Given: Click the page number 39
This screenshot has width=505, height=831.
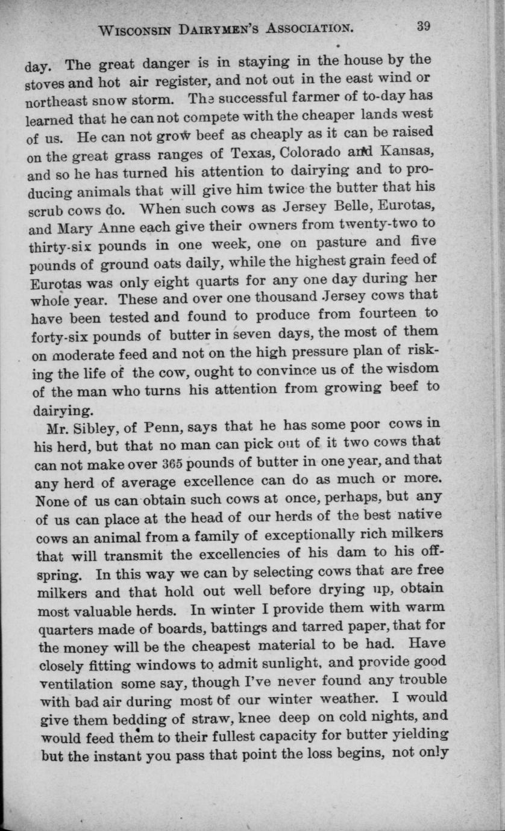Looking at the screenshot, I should click(422, 26).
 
